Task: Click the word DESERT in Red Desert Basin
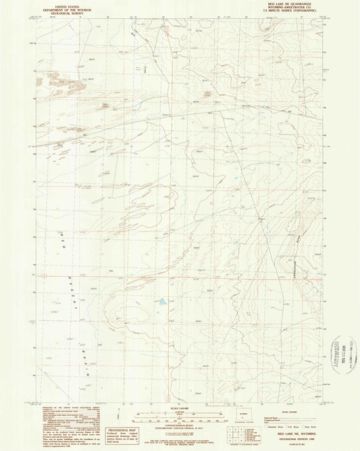[72, 277]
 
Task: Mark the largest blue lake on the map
[165, 302]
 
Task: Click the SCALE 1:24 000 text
[179, 407]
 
